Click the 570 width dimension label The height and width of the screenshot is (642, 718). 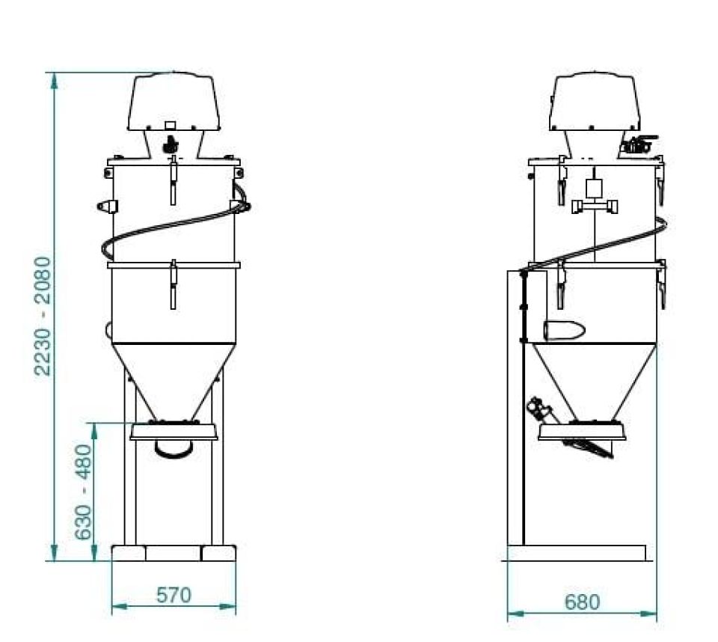click(x=174, y=596)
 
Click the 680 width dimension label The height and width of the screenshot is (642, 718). click(x=582, y=602)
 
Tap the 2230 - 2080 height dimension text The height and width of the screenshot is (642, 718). click(x=43, y=316)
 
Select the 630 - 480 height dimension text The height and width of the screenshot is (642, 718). click(x=83, y=492)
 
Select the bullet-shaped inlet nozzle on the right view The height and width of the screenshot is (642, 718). click(x=564, y=331)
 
